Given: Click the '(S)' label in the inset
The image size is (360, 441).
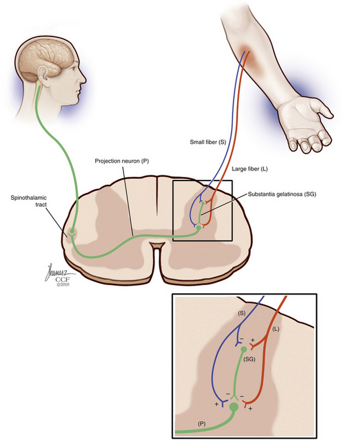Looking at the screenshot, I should pos(242,315).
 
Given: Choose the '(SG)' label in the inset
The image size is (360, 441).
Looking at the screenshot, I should pos(249,358).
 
